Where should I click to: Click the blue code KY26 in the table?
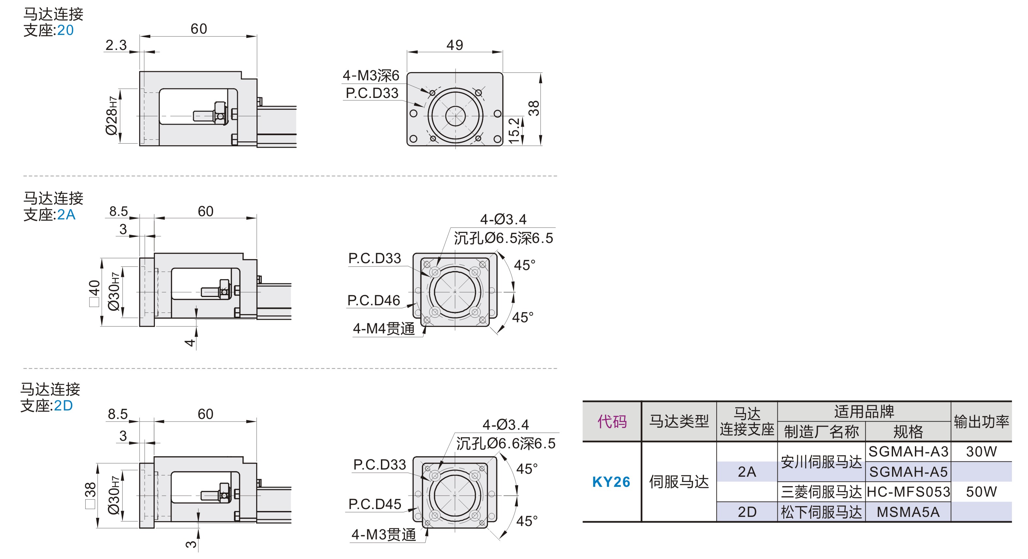coord(611,482)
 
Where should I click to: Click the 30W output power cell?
coord(981,451)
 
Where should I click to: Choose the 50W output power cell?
coord(981,492)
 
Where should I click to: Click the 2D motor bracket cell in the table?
coord(747,512)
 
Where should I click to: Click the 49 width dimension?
coord(455,45)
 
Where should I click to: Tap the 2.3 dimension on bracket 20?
coord(116,45)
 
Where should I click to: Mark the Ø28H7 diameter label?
coord(112,116)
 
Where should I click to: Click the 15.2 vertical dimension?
coord(514,130)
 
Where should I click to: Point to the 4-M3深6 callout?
coord(371,75)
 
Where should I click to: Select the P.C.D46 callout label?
coord(373,300)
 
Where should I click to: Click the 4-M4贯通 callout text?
coord(384,328)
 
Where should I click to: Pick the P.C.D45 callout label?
coord(375,504)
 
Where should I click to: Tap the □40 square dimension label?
coord(94,293)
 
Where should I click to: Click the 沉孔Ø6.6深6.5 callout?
coord(506,443)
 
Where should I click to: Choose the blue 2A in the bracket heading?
coord(66,215)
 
